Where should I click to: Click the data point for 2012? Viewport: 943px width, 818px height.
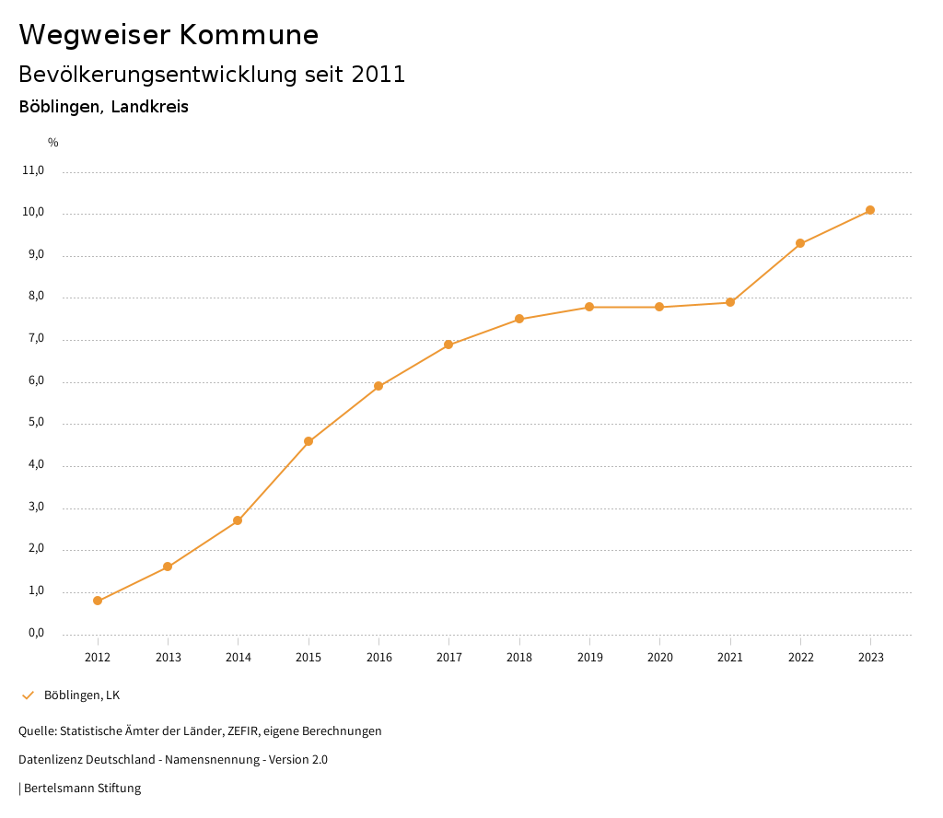click(x=98, y=601)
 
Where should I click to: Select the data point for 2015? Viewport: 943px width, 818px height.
click(x=309, y=441)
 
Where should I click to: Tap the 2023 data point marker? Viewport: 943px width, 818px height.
click(x=870, y=210)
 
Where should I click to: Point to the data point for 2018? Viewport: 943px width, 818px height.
click(x=519, y=319)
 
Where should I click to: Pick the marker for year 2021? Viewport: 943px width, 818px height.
click(x=730, y=302)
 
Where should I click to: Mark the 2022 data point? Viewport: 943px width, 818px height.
click(x=800, y=243)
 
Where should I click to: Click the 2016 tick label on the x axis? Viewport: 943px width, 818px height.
click(x=378, y=658)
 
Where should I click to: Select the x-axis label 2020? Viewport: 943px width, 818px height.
click(x=660, y=658)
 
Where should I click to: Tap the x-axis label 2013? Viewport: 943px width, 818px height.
click(x=168, y=658)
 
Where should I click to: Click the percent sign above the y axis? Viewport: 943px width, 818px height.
click(x=53, y=143)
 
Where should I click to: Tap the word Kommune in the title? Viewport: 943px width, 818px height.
click(x=250, y=35)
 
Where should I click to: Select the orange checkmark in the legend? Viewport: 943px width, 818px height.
click(x=28, y=695)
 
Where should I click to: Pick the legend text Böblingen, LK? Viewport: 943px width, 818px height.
click(x=82, y=695)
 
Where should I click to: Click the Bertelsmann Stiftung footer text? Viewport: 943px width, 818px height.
click(x=82, y=789)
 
